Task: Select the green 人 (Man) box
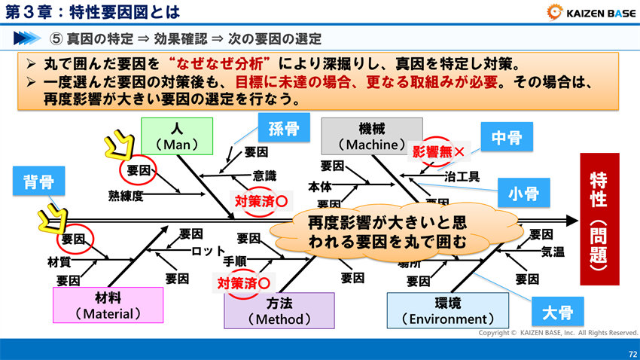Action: (x=177, y=136)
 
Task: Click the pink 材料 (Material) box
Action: (x=108, y=305)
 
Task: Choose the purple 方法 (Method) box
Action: (x=279, y=310)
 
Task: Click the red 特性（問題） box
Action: (x=599, y=219)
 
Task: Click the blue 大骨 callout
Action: (x=557, y=311)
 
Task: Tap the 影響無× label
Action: (x=437, y=151)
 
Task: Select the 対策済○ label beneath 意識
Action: (x=261, y=201)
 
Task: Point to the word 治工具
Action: (x=462, y=177)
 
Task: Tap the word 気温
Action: (x=553, y=252)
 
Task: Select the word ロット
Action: (x=209, y=251)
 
